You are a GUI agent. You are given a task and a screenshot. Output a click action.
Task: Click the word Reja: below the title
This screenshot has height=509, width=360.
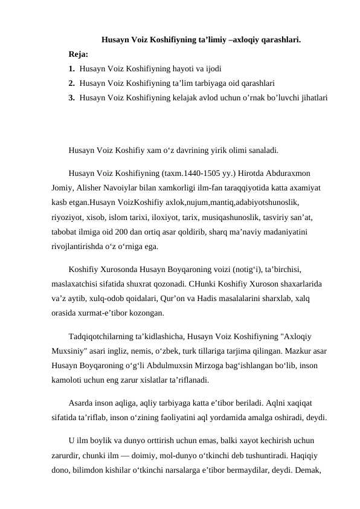[x=79, y=54]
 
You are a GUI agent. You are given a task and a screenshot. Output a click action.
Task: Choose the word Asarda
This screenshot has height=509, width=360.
[x=82, y=403]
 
